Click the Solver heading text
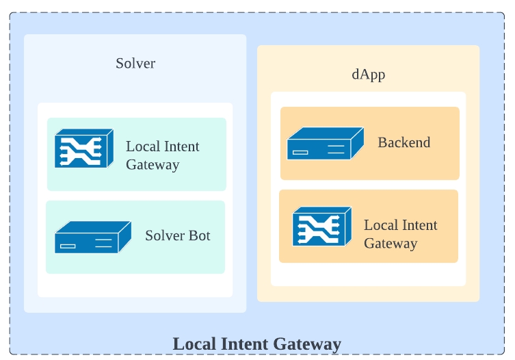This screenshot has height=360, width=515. tap(135, 64)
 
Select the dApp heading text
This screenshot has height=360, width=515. tap(369, 75)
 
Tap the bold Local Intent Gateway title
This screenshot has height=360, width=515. tap(256, 344)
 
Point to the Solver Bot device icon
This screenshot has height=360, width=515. tap(92, 237)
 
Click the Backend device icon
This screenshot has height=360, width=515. tap(325, 144)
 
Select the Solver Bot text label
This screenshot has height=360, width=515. tap(177, 235)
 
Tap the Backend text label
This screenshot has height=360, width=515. tap(404, 142)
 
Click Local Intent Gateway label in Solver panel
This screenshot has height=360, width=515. tap(163, 155)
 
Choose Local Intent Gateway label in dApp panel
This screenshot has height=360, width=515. tap(400, 234)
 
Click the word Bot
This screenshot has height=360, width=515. tap(198, 235)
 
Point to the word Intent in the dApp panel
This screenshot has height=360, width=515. tap(421, 225)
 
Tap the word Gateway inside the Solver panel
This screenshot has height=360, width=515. tap(153, 165)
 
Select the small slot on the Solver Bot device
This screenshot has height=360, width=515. tap(68, 246)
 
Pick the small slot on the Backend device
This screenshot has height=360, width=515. tap(301, 153)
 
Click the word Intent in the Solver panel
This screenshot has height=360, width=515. tap(183, 146)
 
